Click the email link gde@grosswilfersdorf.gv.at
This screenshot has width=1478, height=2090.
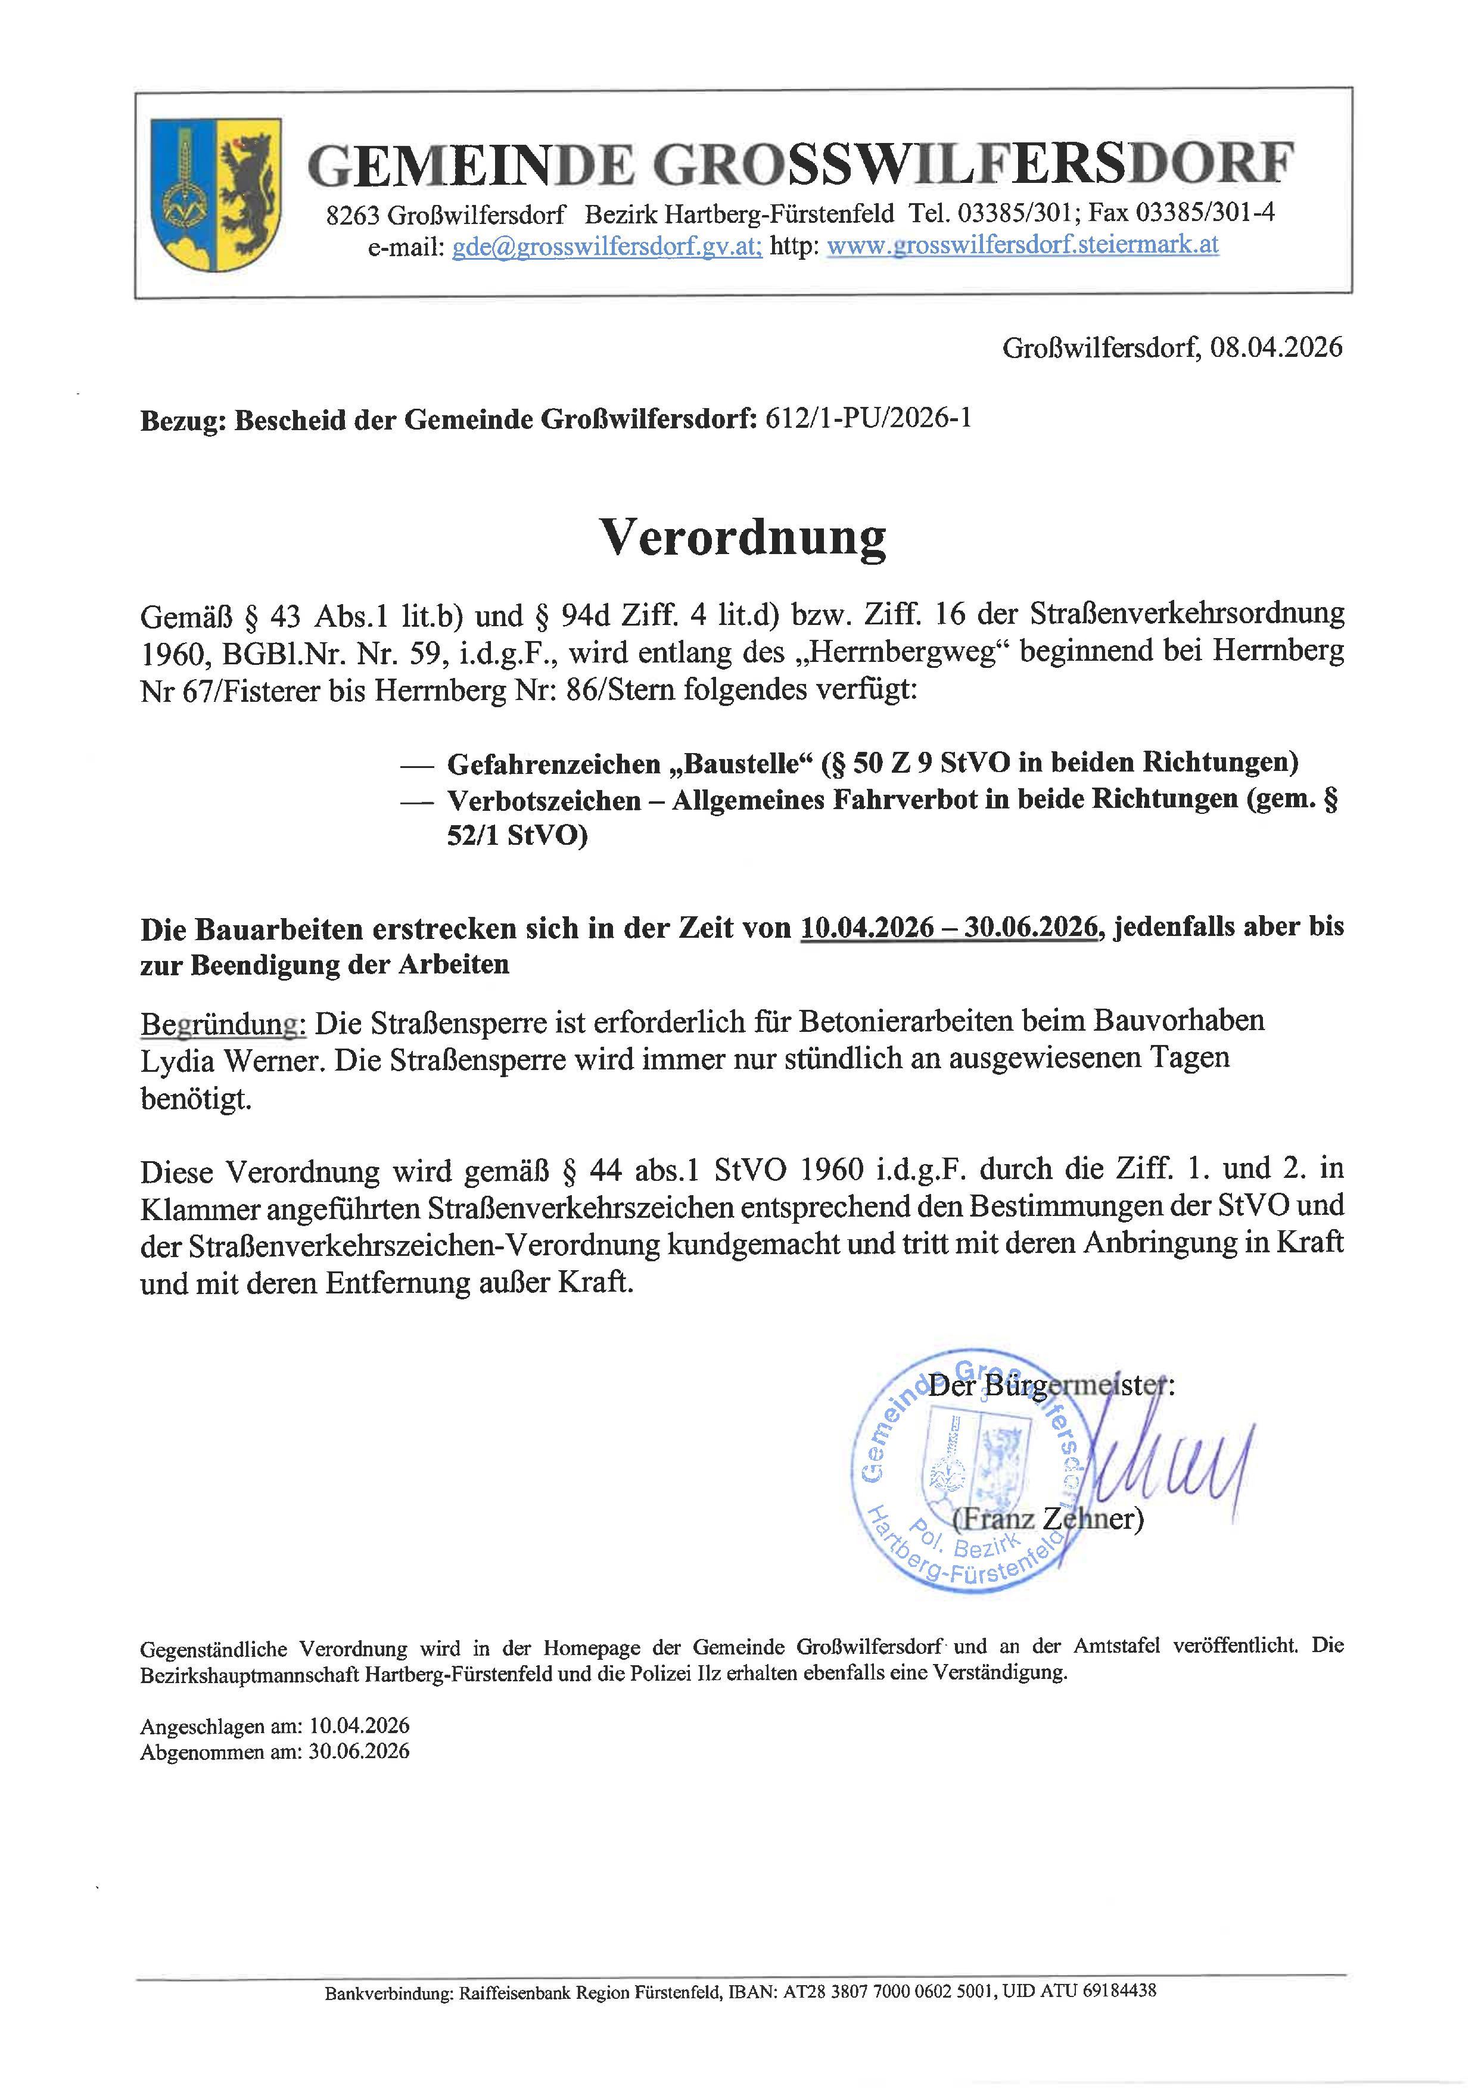607,246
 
